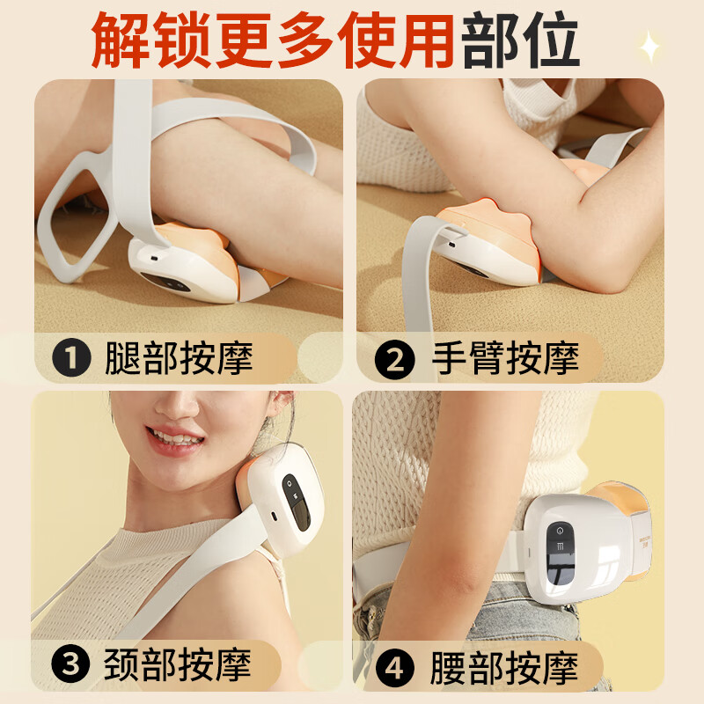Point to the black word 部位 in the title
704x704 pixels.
520,40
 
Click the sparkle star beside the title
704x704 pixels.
649,46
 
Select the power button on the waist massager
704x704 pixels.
556,532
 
